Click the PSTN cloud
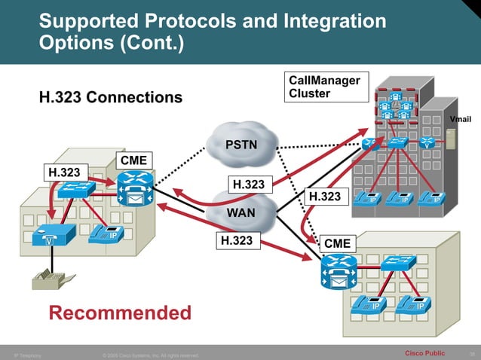(241, 144)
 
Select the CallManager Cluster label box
(327, 87)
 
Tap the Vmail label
(461, 120)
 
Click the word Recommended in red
(121, 312)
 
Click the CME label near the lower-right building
(337, 243)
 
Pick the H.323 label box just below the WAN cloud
(236, 240)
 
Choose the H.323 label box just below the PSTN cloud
(249, 184)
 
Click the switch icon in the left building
(78, 190)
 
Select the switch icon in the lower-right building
(397, 263)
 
